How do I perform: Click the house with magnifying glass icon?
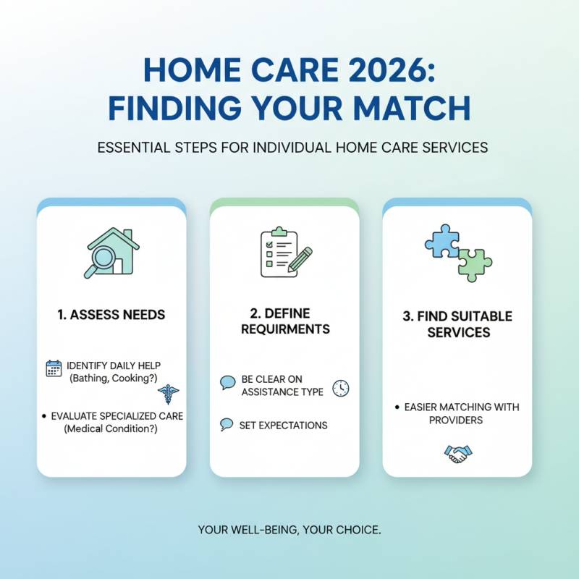[x=111, y=253]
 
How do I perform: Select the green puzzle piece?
[x=474, y=265]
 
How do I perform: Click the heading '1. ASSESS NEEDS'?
[x=111, y=315]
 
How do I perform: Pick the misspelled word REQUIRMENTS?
[x=284, y=329]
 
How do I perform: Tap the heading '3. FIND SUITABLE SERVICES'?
[x=457, y=324]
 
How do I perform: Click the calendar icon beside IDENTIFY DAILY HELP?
[x=54, y=368]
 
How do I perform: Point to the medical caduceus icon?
[x=169, y=393]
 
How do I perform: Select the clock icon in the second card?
[x=340, y=387]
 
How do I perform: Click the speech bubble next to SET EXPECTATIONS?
[x=227, y=425]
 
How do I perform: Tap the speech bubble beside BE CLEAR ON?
[x=227, y=381]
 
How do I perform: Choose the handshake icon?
[x=457, y=454]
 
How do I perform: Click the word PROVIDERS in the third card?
[x=455, y=420]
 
